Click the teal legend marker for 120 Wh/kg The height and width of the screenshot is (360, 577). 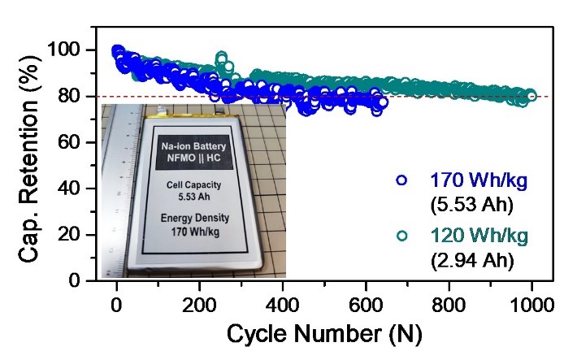point(401,236)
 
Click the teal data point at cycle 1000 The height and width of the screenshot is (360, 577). point(532,96)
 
